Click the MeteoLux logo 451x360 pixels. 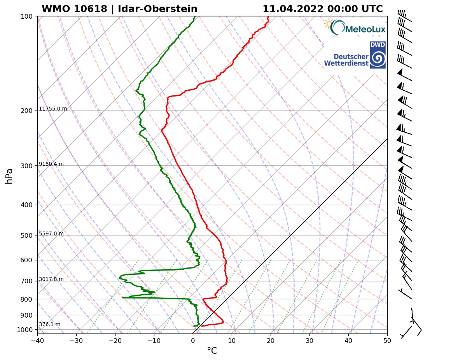355,28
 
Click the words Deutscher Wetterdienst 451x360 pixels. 346,60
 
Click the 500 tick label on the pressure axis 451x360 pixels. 26,235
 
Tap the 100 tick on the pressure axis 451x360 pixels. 26,16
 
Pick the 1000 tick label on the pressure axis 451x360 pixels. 24,330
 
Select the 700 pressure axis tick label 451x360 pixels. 26,281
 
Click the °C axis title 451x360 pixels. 212,351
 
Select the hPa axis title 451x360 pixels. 9,176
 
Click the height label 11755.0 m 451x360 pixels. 53,109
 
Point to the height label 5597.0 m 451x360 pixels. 51,234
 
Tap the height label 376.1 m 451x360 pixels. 49,325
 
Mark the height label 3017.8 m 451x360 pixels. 51,279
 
